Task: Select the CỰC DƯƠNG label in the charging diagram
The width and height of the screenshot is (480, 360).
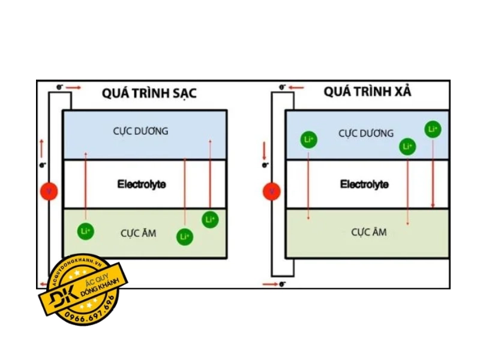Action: point(140,131)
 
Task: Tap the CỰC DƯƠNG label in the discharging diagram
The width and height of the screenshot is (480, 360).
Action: point(365,133)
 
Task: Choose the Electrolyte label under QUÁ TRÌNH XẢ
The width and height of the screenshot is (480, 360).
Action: point(364,184)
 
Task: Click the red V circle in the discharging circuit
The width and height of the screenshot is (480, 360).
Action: point(271,191)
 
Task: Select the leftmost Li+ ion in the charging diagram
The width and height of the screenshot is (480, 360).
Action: point(86,231)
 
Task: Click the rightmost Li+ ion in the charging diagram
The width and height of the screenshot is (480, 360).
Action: point(210,220)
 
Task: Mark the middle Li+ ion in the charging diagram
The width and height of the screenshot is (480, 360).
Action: point(185,237)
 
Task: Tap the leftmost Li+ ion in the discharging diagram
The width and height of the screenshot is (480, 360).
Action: point(308,140)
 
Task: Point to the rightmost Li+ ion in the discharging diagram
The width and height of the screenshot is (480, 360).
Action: point(433,128)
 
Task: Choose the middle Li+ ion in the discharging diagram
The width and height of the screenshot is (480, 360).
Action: point(407,146)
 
